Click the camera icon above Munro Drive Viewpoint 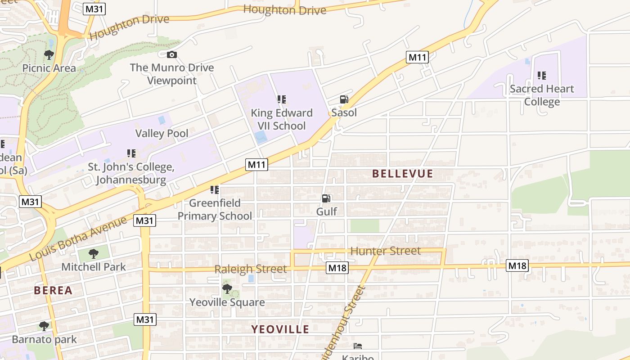pyautogui.click(x=171, y=55)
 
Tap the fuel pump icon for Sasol pyautogui.click(x=344, y=99)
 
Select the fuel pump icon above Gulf pyautogui.click(x=326, y=198)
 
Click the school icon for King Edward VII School pyautogui.click(x=282, y=99)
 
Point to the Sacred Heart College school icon pyautogui.click(x=542, y=76)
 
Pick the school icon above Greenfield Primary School pyautogui.click(x=215, y=190)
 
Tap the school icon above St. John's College pyautogui.click(x=131, y=153)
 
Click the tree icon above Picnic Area pyautogui.click(x=49, y=55)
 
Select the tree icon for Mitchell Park pyautogui.click(x=93, y=254)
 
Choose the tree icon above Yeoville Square pyautogui.click(x=227, y=289)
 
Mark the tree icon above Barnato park pyautogui.click(x=44, y=326)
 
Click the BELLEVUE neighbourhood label pyautogui.click(x=403, y=174)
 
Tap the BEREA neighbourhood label pyautogui.click(x=53, y=290)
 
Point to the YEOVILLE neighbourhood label pyautogui.click(x=280, y=329)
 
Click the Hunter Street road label pyautogui.click(x=385, y=251)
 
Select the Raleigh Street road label pyautogui.click(x=250, y=269)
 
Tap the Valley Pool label pyautogui.click(x=162, y=133)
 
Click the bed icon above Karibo pyautogui.click(x=358, y=346)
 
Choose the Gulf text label pyautogui.click(x=327, y=211)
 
